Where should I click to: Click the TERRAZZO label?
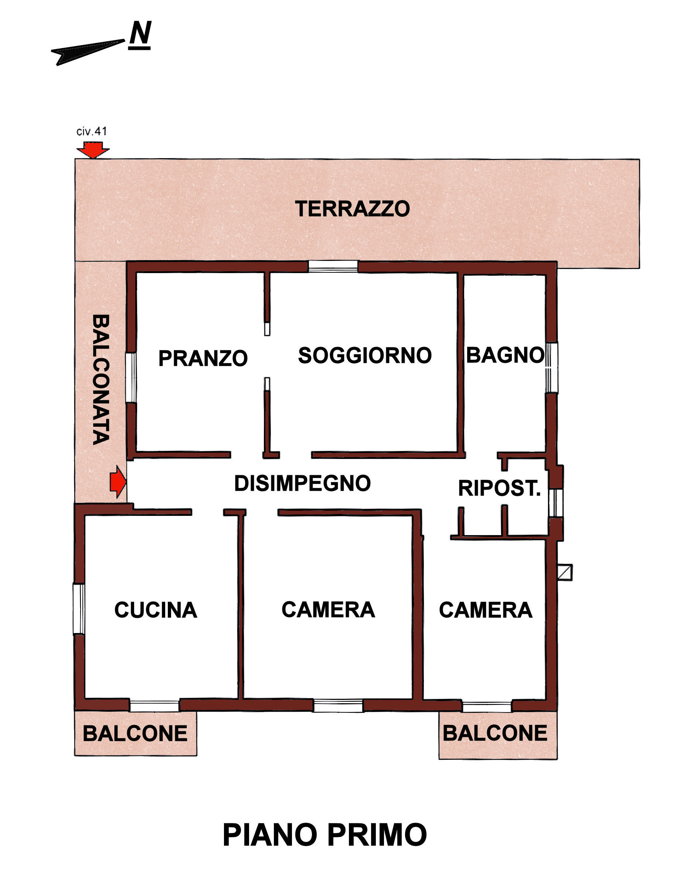352,209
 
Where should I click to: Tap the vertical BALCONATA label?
101,380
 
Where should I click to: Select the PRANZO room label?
203,358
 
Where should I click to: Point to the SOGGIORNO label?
365,355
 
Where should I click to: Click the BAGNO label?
505,355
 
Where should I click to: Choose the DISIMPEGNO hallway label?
303,483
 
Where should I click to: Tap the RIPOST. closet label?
499,488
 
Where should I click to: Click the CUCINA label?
156,610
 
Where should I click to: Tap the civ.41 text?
92,131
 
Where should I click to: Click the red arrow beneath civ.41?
93,150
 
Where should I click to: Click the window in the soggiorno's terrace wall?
333,267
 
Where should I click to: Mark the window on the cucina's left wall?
79,609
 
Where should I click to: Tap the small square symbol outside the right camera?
565,572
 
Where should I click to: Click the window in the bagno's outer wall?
552,367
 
